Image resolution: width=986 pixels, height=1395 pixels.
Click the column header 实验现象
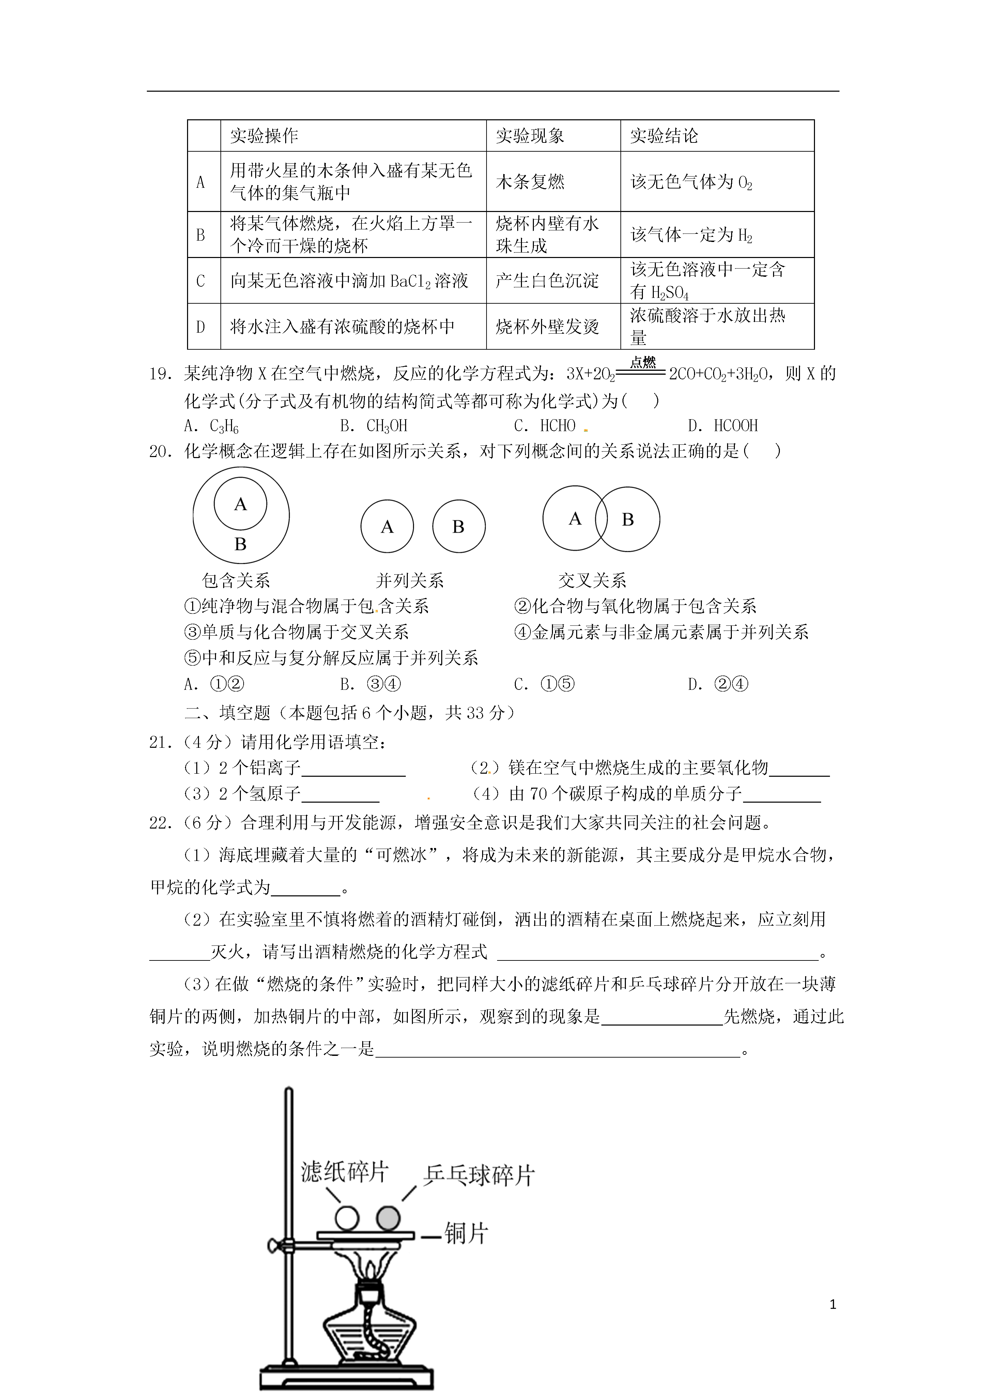point(530,136)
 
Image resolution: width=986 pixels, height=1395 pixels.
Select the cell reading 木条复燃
point(530,182)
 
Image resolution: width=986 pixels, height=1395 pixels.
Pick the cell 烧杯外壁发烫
point(547,327)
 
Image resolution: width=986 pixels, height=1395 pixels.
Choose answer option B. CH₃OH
point(374,426)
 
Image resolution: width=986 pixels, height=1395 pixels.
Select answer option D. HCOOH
point(723,426)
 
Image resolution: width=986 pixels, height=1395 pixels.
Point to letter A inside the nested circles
point(241,504)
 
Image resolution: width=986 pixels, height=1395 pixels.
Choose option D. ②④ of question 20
point(718,684)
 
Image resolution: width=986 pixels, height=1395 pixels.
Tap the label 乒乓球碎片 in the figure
point(478,1175)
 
